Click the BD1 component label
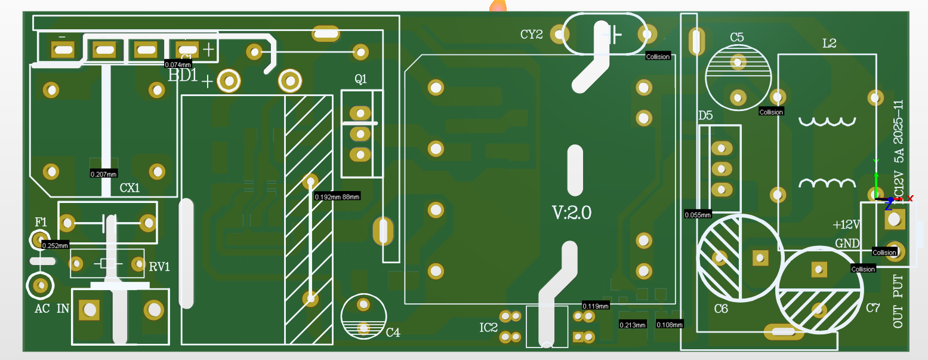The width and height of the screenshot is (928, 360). [183, 76]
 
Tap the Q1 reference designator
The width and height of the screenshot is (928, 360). [360, 79]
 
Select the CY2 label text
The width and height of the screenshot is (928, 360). [531, 35]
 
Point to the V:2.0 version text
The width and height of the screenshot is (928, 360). [571, 213]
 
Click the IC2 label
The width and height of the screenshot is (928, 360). [488, 328]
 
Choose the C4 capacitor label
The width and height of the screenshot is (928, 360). [393, 333]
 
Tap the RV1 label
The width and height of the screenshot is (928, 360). [159, 267]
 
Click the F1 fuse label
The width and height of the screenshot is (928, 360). [41, 222]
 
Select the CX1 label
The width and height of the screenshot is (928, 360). [130, 188]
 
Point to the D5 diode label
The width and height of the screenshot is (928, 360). [705, 116]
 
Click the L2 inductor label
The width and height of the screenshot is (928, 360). [829, 43]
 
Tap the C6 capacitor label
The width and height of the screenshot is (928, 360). [721, 309]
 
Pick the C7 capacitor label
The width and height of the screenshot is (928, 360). [872, 308]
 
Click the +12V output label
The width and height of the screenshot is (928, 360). [846, 225]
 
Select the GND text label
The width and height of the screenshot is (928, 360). [847, 244]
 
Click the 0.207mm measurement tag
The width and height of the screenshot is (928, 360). [103, 174]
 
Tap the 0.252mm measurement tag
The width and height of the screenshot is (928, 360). [56, 245]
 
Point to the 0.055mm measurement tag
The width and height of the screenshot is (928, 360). [698, 214]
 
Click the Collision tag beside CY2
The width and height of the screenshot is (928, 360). [658, 57]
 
